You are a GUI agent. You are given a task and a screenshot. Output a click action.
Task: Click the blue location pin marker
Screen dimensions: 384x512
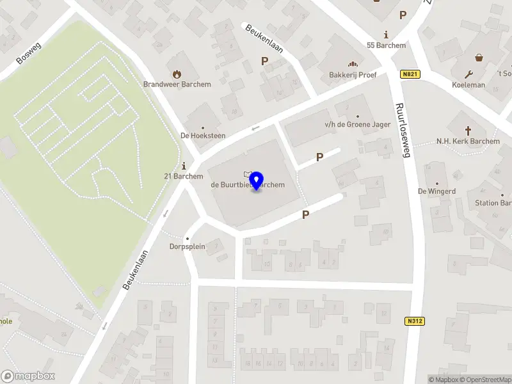pos(257,181)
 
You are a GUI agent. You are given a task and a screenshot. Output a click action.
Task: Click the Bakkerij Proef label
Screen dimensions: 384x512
pos(353,75)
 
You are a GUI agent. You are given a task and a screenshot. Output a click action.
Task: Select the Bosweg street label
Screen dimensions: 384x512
pos(28,53)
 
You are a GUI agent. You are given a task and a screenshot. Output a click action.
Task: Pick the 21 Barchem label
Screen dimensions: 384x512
pos(184,177)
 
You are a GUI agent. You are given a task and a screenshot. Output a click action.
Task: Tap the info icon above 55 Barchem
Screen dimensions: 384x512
pos(386,35)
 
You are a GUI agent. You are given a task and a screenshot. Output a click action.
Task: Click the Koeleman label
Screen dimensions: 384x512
pos(468,84)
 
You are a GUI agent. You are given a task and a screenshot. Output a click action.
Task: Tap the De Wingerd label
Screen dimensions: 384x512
pos(436,191)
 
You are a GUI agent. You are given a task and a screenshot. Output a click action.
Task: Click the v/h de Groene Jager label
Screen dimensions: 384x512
pos(349,125)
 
